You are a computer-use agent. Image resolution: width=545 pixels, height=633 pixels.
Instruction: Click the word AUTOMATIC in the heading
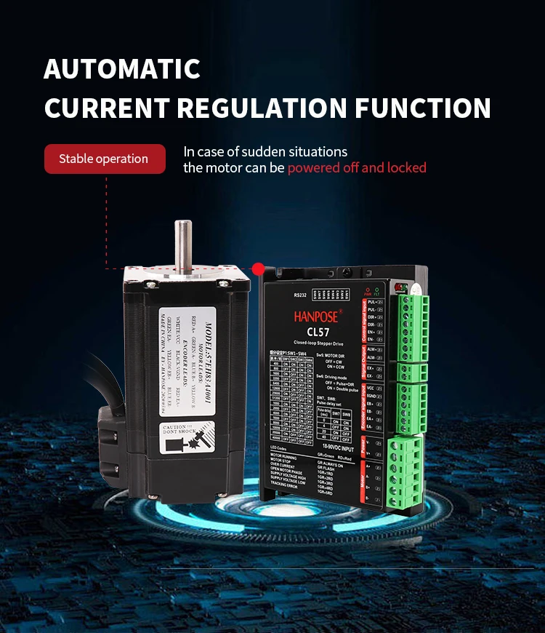pos(121,69)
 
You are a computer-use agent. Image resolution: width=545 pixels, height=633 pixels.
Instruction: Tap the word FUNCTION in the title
pos(423,108)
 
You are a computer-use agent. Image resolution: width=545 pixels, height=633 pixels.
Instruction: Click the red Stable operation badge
pos(105,159)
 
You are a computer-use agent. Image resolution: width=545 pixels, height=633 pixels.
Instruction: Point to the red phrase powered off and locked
pos(356,168)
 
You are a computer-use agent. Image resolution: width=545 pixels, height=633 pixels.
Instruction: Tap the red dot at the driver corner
pos(258,269)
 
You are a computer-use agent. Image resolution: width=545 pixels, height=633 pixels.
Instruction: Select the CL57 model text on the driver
pos(324,333)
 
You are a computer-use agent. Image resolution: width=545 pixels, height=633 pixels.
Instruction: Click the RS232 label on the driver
pos(301,295)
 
